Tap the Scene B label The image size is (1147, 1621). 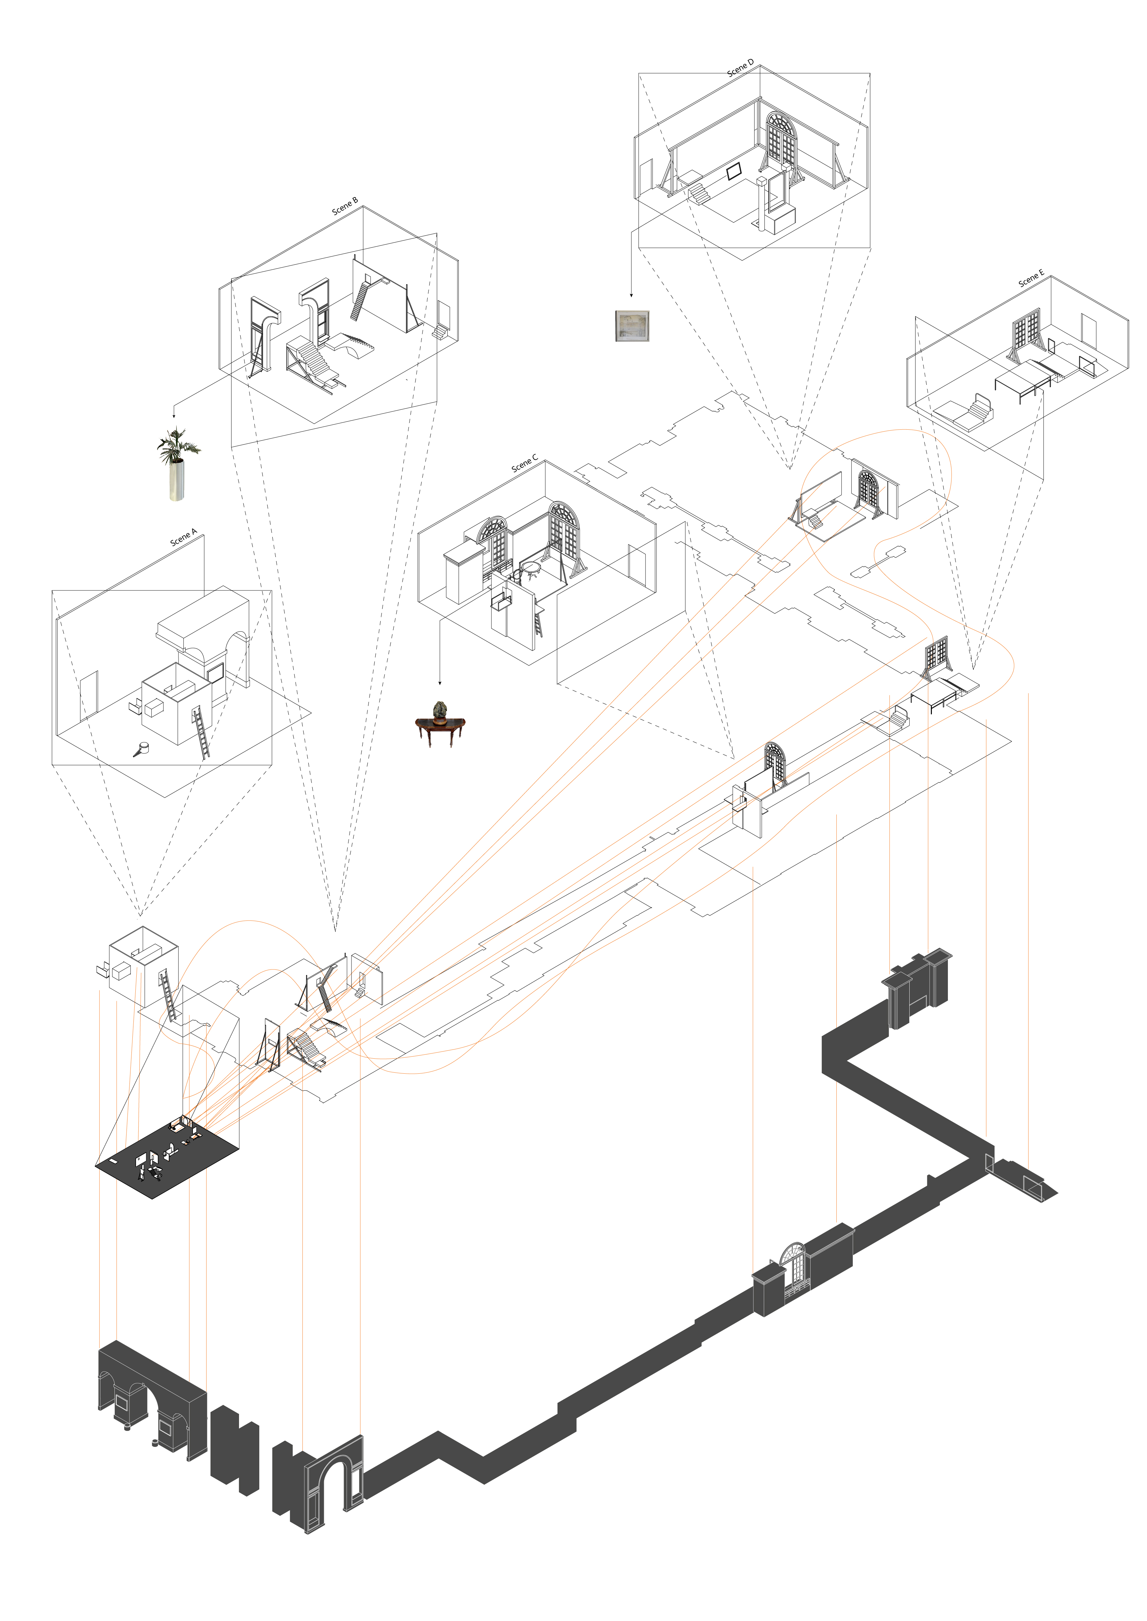345,206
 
